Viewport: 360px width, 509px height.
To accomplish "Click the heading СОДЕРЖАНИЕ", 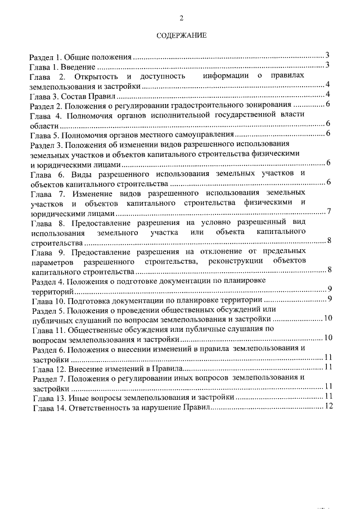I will (181, 35).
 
